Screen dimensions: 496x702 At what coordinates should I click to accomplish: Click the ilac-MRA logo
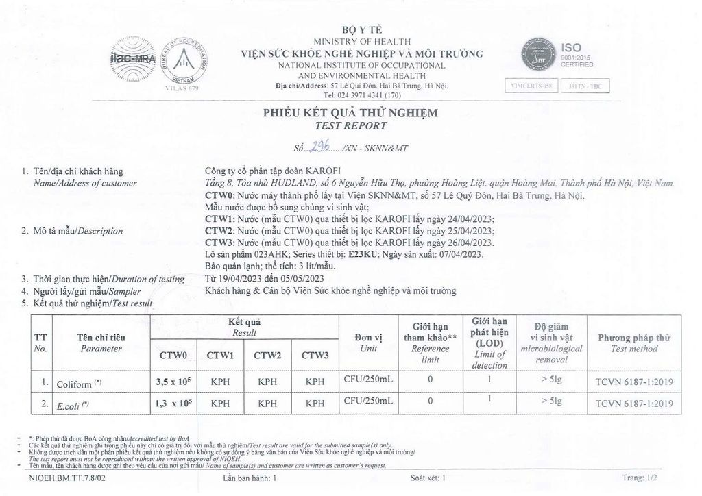pos(130,58)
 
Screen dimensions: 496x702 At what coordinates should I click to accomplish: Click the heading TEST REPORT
pos(350,126)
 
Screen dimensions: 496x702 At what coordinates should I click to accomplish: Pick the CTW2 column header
pos(269,355)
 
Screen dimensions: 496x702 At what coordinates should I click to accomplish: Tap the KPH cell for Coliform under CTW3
pos(315,382)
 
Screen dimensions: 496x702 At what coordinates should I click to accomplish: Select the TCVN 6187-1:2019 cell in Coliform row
pos(634,382)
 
